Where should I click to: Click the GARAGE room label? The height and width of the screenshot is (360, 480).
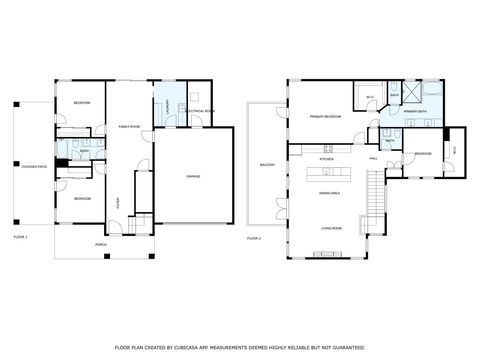tap(193, 176)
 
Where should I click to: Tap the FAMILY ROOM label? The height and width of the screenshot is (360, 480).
tap(129, 126)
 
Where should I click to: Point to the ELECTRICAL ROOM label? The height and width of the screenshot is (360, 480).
tap(201, 110)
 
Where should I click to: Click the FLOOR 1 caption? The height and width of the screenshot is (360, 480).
tap(20, 237)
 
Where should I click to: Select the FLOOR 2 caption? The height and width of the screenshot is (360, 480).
tap(254, 238)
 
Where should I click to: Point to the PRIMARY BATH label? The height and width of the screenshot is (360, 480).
tap(416, 125)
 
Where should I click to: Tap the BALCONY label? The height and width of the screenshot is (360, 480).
tap(267, 164)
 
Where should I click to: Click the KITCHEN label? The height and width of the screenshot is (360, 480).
tap(326, 159)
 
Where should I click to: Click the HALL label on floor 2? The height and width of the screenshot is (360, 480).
tap(372, 158)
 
